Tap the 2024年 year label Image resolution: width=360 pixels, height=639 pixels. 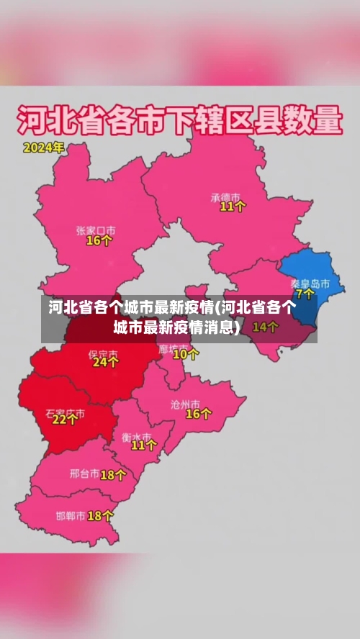coord(43,148)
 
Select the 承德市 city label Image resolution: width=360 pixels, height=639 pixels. coord(225,196)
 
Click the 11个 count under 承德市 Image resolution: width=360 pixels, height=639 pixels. coord(233,207)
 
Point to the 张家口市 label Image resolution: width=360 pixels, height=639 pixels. coord(96,230)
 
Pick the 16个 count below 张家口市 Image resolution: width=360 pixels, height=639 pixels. coord(99,241)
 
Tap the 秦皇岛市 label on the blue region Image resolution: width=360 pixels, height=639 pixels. coord(310,283)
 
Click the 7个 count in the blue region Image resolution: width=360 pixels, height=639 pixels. coord(305,294)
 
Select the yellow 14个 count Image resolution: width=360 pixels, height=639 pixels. coord(265,327)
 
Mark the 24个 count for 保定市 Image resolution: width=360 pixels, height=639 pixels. coord(105,363)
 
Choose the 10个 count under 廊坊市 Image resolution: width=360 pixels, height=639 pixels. coord(186,353)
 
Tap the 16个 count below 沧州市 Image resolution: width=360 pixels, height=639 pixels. coord(199,414)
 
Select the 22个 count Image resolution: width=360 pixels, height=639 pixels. coord(65,420)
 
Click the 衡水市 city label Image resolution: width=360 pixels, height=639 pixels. coord(136,436)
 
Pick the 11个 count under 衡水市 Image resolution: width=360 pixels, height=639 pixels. coord(143,445)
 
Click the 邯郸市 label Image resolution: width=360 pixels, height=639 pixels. coord(71,515)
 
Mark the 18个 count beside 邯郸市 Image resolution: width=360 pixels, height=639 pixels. coord(100,515)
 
